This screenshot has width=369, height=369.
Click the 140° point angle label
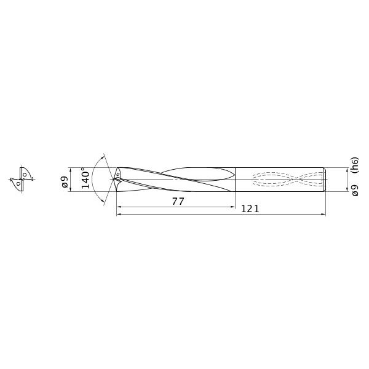pos(86,178)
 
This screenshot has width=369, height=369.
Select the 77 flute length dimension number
pos(178,201)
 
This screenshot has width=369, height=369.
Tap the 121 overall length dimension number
pos(250,209)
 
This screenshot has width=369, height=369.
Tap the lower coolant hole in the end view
pos(19,183)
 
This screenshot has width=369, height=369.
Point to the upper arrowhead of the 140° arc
pos(103,154)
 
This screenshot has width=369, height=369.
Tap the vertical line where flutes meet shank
pos(235,179)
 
